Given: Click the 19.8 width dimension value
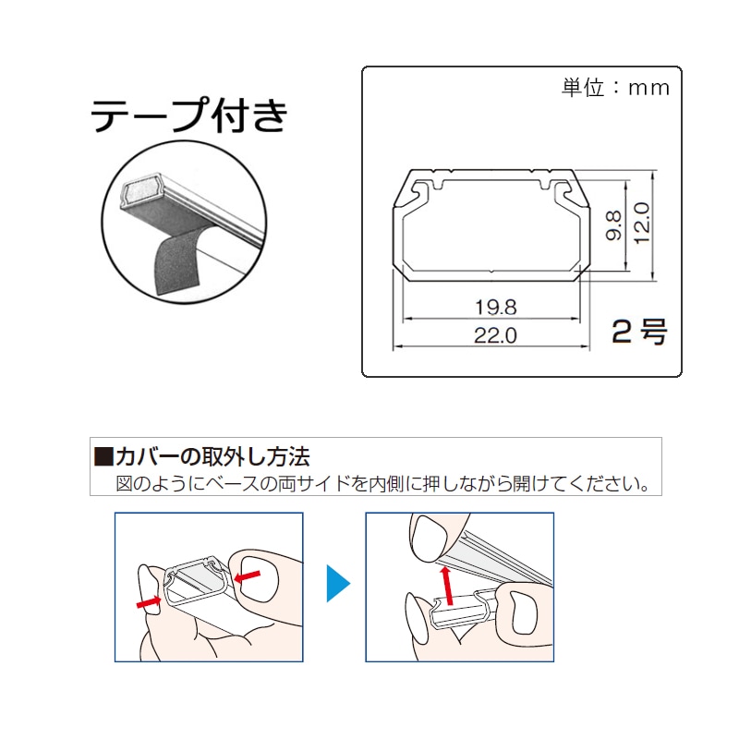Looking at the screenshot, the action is [496, 308].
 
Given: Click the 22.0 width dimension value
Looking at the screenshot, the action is [495, 335].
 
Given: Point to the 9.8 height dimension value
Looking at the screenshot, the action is [613, 225].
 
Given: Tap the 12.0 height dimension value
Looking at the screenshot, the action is [642, 223].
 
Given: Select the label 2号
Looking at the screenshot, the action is [639, 332].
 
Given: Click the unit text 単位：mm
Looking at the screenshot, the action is [615, 88].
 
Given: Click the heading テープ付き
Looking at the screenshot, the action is [188, 115].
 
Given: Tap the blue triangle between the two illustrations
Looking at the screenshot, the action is [338, 583].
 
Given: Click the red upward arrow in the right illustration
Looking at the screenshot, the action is [446, 585].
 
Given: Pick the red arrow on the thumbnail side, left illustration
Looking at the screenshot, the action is [247, 575].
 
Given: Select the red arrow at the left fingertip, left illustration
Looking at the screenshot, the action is [149, 601].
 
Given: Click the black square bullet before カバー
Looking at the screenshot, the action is [103, 456].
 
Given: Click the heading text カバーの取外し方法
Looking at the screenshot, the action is [212, 456].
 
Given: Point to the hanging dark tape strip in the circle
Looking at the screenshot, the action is [176, 260].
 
